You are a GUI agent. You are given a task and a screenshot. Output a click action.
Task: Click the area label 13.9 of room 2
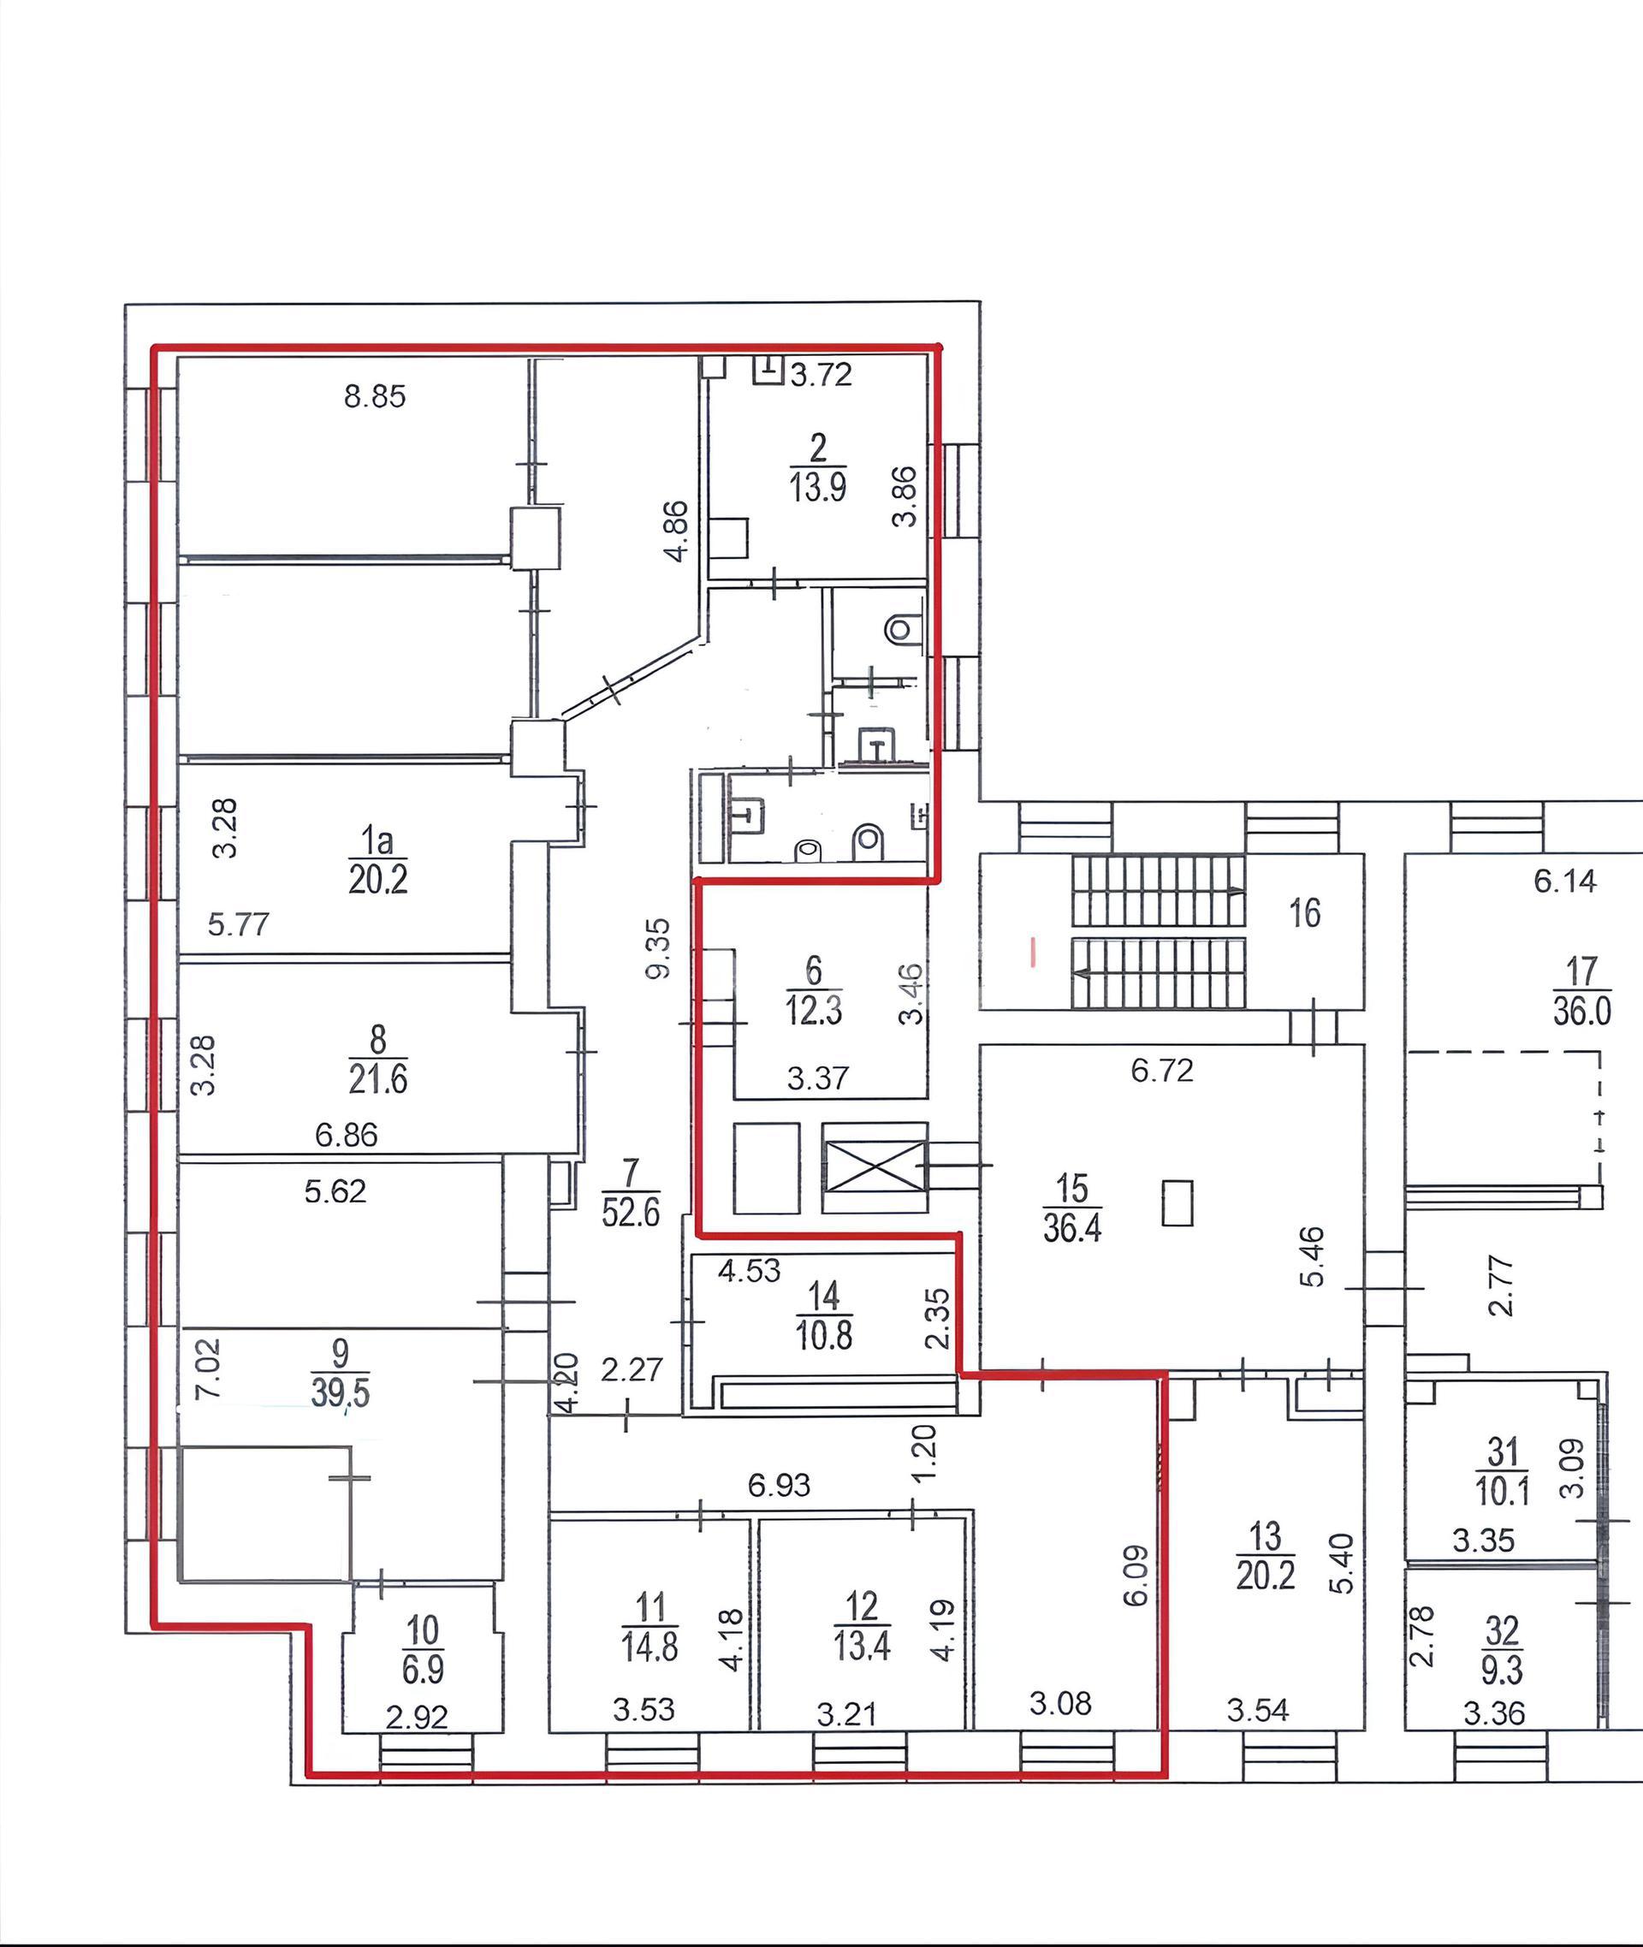pyautogui.click(x=818, y=487)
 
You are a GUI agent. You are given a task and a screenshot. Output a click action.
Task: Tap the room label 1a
pyautogui.click(x=377, y=841)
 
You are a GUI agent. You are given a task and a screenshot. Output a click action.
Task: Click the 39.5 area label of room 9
pyautogui.click(x=340, y=1392)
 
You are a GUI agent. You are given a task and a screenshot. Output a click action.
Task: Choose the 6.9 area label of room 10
pyautogui.click(x=423, y=1670)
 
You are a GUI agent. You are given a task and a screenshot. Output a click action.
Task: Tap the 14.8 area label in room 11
pyautogui.click(x=650, y=1647)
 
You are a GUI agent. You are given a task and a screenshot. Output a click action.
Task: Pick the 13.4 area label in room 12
pyautogui.click(x=862, y=1646)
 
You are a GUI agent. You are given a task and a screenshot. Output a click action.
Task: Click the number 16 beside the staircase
pyautogui.click(x=1305, y=913)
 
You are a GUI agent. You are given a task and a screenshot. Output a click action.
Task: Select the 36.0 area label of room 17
pyautogui.click(x=1581, y=1012)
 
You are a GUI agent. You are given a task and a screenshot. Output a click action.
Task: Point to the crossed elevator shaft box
pyautogui.click(x=875, y=1166)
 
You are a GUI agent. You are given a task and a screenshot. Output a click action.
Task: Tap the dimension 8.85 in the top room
pyautogui.click(x=375, y=396)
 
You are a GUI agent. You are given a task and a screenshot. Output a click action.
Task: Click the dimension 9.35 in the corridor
pyautogui.click(x=657, y=948)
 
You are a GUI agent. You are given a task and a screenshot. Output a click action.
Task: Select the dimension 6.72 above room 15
pyautogui.click(x=1161, y=1071)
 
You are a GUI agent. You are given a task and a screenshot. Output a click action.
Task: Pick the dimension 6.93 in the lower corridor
pyautogui.click(x=780, y=1485)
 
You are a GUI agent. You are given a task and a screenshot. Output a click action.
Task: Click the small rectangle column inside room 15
pyautogui.click(x=1177, y=1202)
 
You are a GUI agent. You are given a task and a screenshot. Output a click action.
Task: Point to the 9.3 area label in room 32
pyautogui.click(x=1502, y=1671)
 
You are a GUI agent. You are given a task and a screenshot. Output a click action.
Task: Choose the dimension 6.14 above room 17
pyautogui.click(x=1565, y=881)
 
